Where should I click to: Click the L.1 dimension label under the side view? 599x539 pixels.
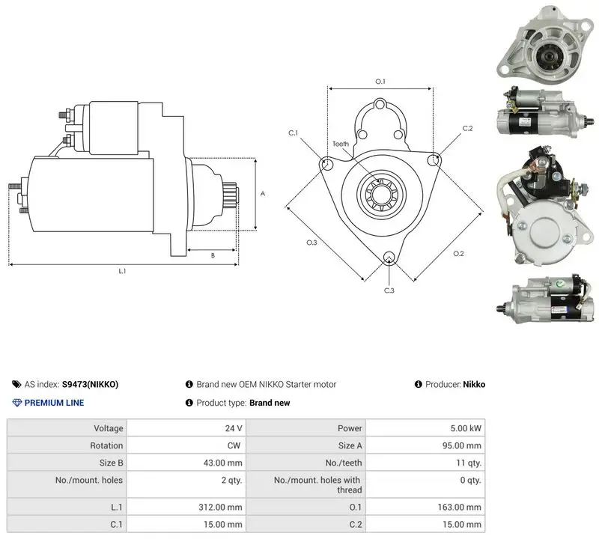point(122,271)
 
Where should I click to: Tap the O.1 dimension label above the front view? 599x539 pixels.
point(380,82)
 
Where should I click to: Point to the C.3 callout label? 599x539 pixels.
point(389,290)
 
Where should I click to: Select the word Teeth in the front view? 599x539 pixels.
point(341,144)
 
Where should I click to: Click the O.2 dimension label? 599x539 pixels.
point(458,254)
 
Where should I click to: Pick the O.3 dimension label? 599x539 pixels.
point(311,243)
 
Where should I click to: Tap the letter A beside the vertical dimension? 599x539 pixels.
point(263,194)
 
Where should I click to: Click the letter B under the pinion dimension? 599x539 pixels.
point(213,255)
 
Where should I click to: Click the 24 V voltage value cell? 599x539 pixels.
point(234,428)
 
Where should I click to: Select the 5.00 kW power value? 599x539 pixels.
point(466,428)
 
